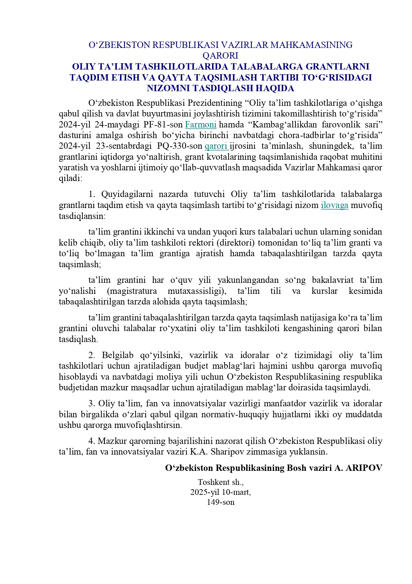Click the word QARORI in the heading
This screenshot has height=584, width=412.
(220, 55)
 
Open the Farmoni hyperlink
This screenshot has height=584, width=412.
(201, 125)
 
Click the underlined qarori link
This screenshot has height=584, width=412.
(216, 146)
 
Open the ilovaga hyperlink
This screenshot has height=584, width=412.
(335, 205)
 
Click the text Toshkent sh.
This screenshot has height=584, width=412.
(221, 482)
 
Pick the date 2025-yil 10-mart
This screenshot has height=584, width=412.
(221, 492)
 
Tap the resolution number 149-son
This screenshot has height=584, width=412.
(221, 502)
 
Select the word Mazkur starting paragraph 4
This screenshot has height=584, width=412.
(112, 441)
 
